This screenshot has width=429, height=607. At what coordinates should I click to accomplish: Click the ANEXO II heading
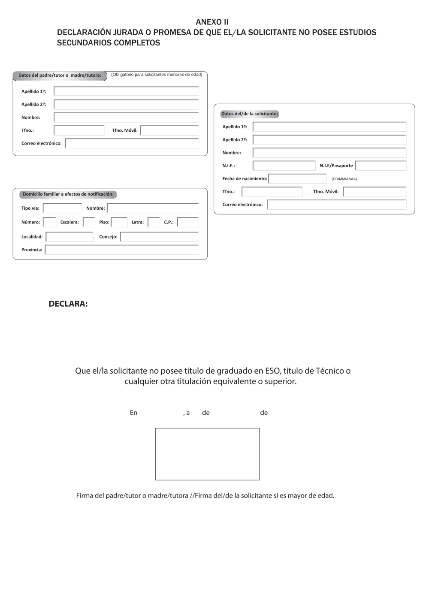pos(212,22)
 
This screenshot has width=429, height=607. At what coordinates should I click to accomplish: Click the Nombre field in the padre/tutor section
pos(126,118)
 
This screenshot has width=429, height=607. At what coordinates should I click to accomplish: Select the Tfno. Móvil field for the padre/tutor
pos(169,130)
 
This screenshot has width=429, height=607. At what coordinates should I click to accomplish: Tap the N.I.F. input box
pos(284,166)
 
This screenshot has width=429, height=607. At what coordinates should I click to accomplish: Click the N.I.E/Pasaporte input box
pos(381,166)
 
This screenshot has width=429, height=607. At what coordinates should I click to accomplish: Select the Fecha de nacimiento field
pos(298,178)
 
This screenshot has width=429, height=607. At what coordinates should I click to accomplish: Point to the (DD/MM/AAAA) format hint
pos(344,179)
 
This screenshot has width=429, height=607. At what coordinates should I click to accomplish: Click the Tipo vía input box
pos(63,208)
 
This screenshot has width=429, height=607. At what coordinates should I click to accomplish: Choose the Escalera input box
pos(89,222)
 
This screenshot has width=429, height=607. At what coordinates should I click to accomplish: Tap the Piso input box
pos(119,222)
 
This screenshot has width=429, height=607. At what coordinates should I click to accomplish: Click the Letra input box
pos(154,222)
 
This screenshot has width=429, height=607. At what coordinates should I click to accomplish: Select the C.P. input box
pos(188,222)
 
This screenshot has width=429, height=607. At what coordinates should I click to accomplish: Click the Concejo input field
pos(159,237)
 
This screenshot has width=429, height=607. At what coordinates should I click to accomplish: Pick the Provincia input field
pos(122,250)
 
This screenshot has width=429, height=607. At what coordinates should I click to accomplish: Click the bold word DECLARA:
pos(68,304)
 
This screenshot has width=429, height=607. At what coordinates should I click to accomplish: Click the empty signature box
pos(207,454)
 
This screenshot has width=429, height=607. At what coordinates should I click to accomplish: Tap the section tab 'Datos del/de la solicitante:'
pos(250,114)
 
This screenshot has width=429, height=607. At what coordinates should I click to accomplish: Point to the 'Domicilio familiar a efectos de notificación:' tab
pos(68,194)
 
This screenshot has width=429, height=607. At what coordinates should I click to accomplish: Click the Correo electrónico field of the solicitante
pos(336,205)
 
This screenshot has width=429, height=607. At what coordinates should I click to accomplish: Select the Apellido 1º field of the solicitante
pos(329,127)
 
